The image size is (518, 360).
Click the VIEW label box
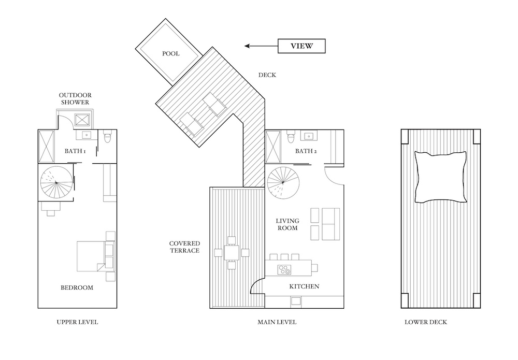[x=301, y=46]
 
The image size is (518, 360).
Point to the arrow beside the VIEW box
[x=261, y=46]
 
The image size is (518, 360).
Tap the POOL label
[x=171, y=53]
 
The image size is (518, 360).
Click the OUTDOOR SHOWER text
[x=75, y=99]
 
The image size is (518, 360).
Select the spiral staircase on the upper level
[x=56, y=182]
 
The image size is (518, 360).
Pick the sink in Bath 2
[x=309, y=135]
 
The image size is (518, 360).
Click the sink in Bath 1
[x=87, y=135]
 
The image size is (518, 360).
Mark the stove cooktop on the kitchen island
[x=284, y=269]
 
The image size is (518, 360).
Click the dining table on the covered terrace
[x=231, y=253]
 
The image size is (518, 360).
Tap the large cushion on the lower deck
[x=441, y=177]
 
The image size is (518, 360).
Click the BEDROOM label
[x=77, y=287]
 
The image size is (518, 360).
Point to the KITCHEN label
[x=304, y=286]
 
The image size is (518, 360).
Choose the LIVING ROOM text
[x=287, y=224]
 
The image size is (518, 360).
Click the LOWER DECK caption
[x=426, y=322]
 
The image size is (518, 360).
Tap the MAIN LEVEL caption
[x=277, y=322]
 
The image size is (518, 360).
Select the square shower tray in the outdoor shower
[x=82, y=120]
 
